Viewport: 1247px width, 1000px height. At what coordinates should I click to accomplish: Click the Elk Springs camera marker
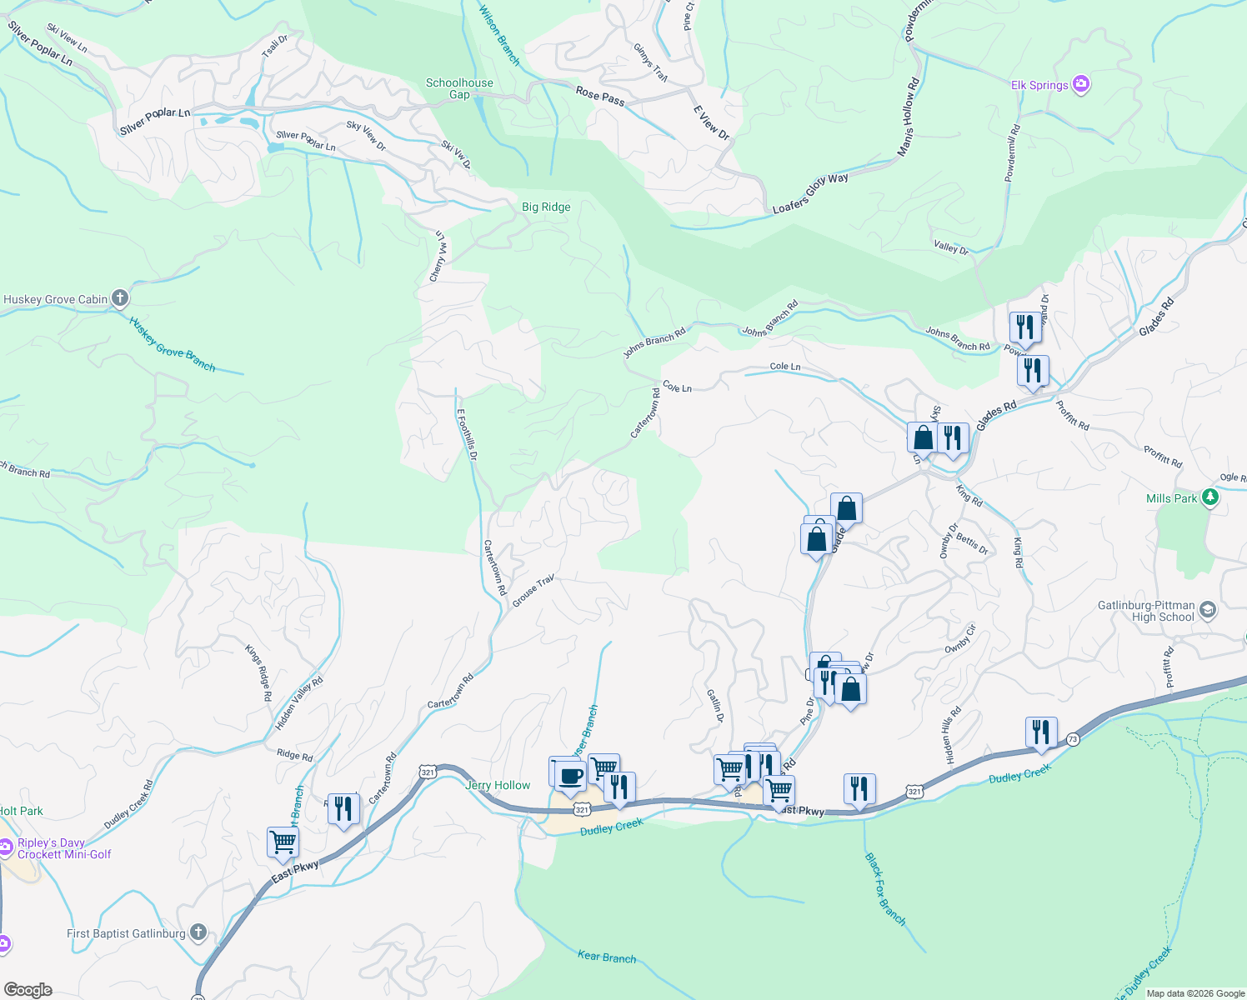coord(1081,84)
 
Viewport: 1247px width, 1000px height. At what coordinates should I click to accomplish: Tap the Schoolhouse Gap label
coord(459,88)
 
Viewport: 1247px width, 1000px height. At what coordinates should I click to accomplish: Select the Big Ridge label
coord(546,207)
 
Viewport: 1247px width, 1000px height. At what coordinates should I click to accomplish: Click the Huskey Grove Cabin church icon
coord(120,297)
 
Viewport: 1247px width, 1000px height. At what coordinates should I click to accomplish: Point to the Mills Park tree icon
coord(1210,498)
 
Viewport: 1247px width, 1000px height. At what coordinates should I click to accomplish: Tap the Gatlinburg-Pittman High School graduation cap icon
coord(1208,611)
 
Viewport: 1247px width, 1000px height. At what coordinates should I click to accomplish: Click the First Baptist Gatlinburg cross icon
coord(198,932)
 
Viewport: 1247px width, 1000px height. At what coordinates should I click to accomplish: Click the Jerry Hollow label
coord(498,785)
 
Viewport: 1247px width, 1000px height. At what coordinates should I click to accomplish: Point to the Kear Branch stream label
coord(607,957)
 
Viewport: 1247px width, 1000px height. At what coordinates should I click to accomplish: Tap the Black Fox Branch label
coord(885,888)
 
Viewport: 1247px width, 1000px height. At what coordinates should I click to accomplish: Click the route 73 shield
coord(1072,739)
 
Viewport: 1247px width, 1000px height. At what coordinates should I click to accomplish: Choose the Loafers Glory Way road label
coord(810,193)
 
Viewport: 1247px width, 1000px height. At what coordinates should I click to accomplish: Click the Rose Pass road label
coord(600,96)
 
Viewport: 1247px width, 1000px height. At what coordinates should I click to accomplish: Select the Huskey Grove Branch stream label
coord(173,344)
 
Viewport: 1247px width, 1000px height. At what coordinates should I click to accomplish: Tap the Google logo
coord(28,989)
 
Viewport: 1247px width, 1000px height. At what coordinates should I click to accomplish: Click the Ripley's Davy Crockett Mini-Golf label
coord(63,848)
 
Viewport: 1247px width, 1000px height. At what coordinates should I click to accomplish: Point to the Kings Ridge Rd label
coord(258,672)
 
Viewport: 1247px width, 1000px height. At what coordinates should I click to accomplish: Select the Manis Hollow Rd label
coord(909,117)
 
